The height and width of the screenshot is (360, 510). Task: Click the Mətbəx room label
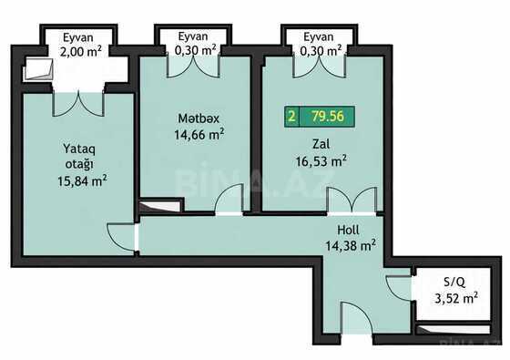point(199,118)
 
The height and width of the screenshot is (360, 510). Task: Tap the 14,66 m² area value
point(199,134)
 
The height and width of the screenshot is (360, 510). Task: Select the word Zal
point(321,144)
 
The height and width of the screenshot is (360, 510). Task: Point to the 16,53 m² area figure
point(321,160)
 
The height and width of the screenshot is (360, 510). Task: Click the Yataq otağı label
point(79,157)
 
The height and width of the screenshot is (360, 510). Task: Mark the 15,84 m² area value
point(82,181)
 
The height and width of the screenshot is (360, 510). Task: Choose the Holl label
point(348,230)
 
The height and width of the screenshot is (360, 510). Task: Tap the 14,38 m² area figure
point(351,245)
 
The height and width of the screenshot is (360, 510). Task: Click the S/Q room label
point(454,283)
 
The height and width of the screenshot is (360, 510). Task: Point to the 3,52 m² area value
point(456,298)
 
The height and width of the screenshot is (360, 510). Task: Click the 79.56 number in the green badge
point(328,117)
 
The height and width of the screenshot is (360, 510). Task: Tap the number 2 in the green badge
point(292,117)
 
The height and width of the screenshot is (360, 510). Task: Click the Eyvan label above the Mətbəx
point(193,36)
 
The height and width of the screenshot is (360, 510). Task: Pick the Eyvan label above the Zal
point(319,36)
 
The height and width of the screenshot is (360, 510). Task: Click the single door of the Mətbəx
point(229,200)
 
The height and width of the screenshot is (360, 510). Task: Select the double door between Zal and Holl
point(352,201)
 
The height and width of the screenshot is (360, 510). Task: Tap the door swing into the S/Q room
point(399,287)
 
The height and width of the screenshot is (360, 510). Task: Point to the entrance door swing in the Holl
point(356,318)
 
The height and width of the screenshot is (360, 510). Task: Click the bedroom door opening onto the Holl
point(121,237)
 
